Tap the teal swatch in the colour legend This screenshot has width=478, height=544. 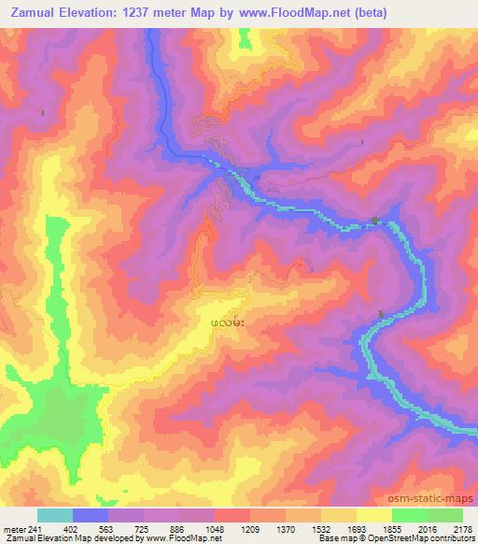click(x=55, y=515)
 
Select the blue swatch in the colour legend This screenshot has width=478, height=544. click(x=91, y=515)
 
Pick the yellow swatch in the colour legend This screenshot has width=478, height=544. click(x=373, y=515)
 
